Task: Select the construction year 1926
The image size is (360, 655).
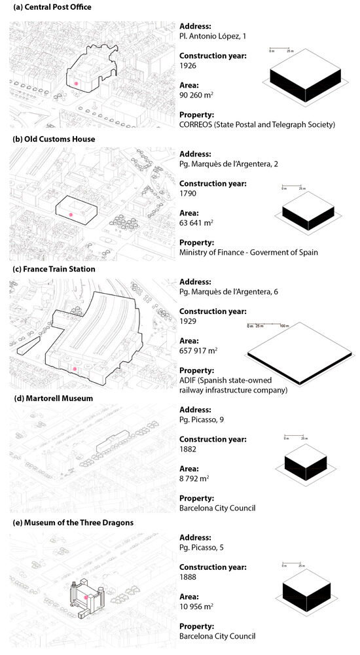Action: coord(188,66)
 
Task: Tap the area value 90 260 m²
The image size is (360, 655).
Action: coord(197,96)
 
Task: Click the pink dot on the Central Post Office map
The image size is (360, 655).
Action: coord(77,84)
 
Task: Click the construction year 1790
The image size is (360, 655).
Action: coord(188,194)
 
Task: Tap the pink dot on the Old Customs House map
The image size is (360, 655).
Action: coord(71,215)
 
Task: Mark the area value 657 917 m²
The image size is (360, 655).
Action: coord(198,351)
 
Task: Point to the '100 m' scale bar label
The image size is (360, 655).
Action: coord(284,325)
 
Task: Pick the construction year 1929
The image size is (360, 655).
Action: coord(188,323)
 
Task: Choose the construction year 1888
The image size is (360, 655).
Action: coord(188,577)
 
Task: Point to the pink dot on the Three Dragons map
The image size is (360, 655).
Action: coord(85,597)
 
